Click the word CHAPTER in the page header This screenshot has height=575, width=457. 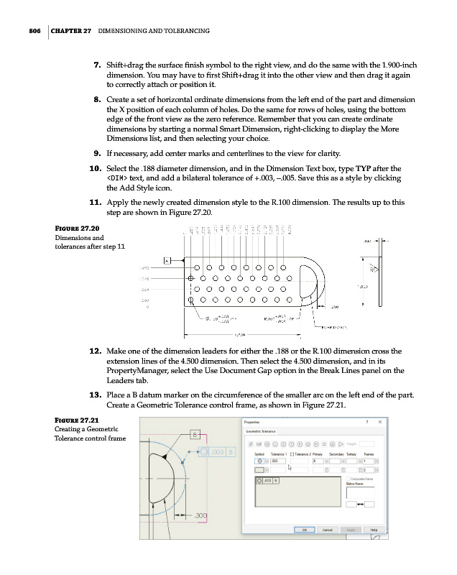[x=70, y=31]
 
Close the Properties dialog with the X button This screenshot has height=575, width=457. [x=379, y=421]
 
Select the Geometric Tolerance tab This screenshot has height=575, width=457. [x=263, y=431]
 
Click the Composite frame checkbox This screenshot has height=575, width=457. [x=348, y=478]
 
